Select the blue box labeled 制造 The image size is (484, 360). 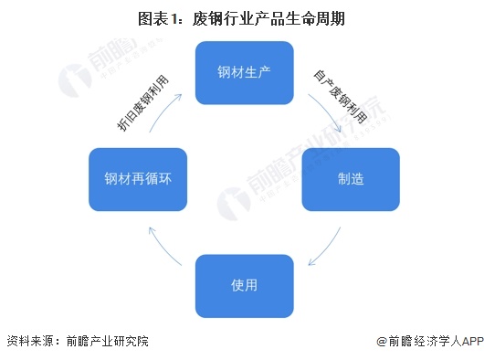tap(351, 178)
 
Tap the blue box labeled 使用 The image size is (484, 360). tap(245, 285)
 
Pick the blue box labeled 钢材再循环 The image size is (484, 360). tap(138, 178)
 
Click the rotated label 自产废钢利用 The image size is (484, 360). tap(339, 95)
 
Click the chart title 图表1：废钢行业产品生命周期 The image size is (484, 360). tap(241, 17)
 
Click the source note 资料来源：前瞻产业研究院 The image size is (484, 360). tap(77, 341)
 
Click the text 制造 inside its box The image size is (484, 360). tap(351, 178)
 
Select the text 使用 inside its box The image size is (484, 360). tap(245, 285)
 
